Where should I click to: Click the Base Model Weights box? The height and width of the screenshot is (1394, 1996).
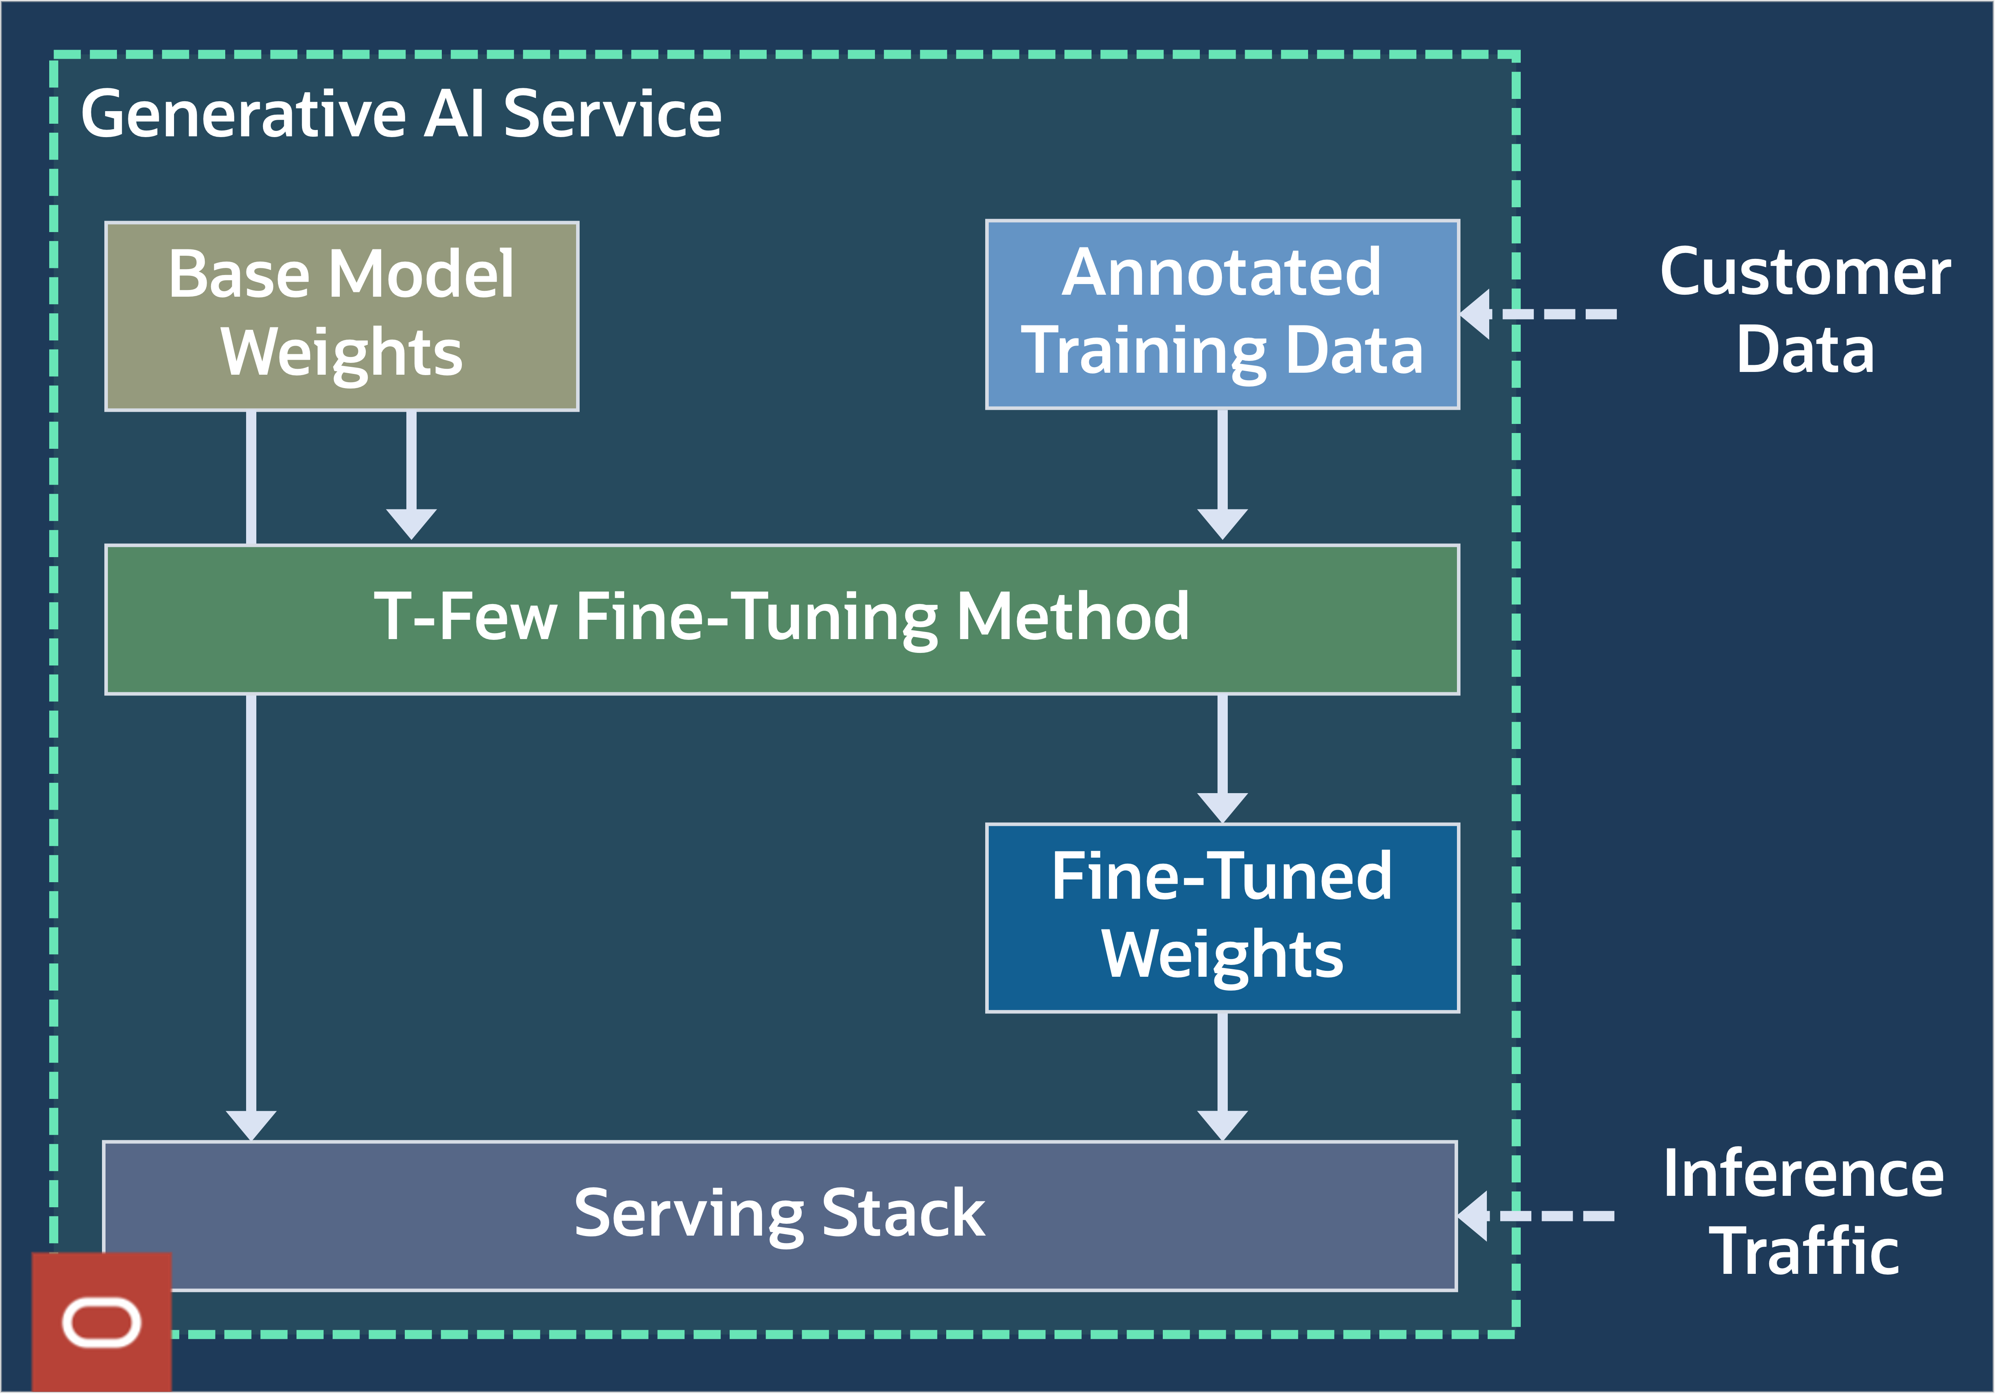[x=342, y=316]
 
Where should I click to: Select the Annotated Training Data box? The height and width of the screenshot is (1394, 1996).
[x=1222, y=314]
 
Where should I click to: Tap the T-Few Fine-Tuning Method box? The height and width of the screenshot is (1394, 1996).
[x=782, y=619]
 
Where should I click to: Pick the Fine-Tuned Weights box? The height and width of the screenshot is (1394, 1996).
[x=1222, y=918]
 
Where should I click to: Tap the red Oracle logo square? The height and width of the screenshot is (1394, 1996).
[x=102, y=1322]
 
